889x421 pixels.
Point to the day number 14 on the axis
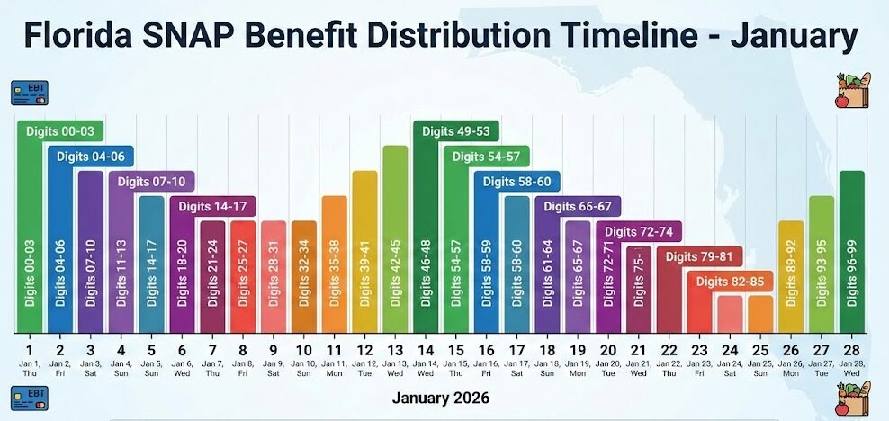pyautogui.click(x=427, y=350)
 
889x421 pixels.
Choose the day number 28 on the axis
pyautogui.click(x=851, y=350)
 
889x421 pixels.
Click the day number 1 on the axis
pyautogui.click(x=29, y=350)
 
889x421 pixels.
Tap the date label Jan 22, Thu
pyautogui.click(x=669, y=369)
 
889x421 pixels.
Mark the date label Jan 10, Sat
pyautogui.click(x=304, y=369)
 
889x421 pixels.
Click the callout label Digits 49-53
pyautogui.click(x=456, y=131)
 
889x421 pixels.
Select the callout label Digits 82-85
pyautogui.click(x=731, y=282)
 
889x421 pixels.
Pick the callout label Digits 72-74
pyautogui.click(x=638, y=232)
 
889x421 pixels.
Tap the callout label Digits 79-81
pyautogui.click(x=699, y=257)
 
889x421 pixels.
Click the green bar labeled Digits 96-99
pyautogui.click(x=851, y=252)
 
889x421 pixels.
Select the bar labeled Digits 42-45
pyautogui.click(x=395, y=238)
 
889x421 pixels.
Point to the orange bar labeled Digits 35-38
pyautogui.click(x=334, y=264)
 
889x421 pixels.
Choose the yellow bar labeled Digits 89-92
pyautogui.click(x=791, y=276)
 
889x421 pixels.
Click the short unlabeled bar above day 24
pyautogui.click(x=730, y=314)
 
